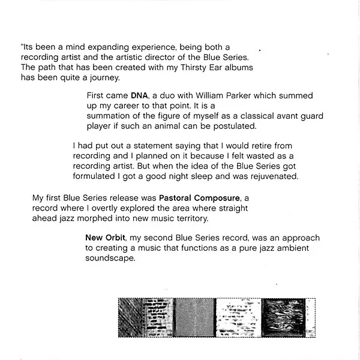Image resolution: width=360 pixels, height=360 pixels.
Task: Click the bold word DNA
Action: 139,96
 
